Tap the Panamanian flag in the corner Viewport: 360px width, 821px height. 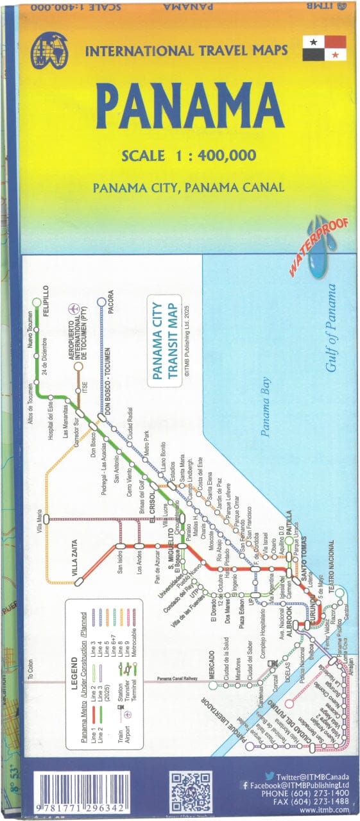tap(325, 49)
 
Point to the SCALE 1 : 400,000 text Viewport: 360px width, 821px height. tap(189, 155)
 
